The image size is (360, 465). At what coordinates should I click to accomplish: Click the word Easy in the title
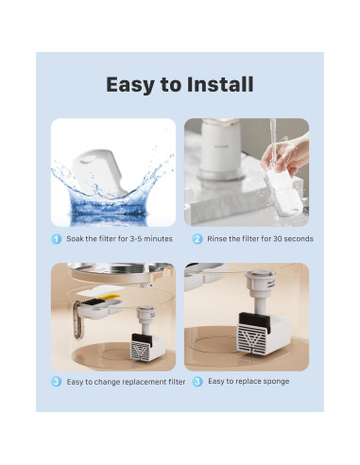tap(132, 84)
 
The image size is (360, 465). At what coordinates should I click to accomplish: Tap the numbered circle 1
tap(57, 239)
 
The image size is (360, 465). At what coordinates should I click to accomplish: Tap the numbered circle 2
tap(197, 239)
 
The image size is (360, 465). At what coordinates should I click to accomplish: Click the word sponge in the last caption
tap(275, 381)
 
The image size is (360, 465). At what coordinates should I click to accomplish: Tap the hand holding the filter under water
tap(291, 157)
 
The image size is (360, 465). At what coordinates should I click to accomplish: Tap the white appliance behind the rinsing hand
tap(219, 151)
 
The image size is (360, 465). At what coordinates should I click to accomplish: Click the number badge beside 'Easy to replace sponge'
tap(197, 381)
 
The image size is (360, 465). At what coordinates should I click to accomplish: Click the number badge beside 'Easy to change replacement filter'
tap(57, 381)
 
